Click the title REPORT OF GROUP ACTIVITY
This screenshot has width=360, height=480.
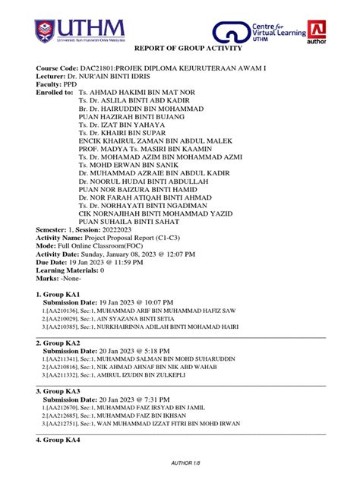[x=179, y=49]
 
